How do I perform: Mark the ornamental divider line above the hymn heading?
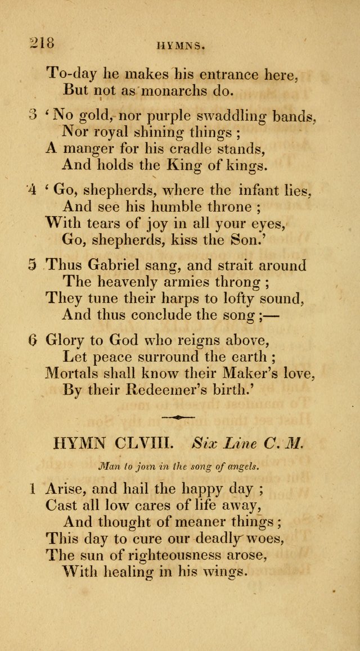point(178,418)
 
